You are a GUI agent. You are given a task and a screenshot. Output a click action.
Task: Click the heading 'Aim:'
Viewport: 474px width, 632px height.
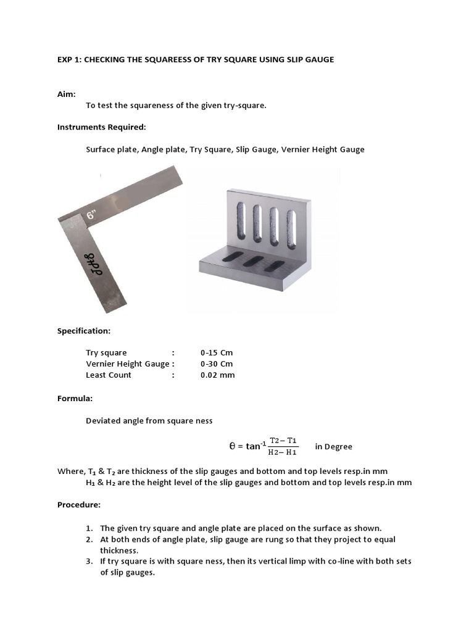(67, 94)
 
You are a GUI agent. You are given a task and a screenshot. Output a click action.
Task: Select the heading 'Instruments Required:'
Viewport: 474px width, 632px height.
(102, 127)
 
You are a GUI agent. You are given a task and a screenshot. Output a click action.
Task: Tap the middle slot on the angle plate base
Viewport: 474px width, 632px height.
(254, 261)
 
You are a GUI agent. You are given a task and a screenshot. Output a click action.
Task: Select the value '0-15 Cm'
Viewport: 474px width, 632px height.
(217, 352)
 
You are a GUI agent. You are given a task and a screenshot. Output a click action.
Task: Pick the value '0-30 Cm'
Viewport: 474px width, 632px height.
(217, 364)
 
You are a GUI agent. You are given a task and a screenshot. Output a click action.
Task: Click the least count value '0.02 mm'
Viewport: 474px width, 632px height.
(217, 375)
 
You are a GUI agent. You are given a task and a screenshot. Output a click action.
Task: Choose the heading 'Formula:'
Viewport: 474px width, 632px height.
(75, 398)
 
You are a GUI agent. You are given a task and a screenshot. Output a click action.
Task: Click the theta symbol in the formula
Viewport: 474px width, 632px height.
(232, 446)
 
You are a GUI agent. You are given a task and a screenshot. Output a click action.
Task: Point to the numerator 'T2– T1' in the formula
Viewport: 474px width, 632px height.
(283, 440)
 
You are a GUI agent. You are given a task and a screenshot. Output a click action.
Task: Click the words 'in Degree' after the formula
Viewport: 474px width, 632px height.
(333, 446)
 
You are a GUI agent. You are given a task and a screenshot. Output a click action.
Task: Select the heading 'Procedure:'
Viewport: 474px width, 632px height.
(78, 504)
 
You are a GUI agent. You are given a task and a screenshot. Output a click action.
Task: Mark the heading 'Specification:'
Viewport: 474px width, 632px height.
(84, 330)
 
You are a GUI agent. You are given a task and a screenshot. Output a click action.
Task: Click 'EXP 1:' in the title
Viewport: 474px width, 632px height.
(69, 60)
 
